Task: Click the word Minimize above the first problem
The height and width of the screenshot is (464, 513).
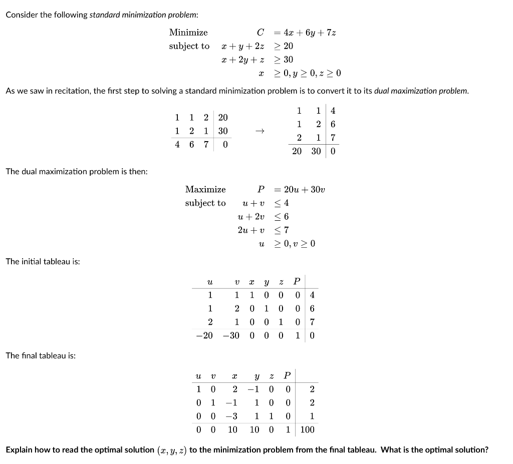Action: (x=188, y=33)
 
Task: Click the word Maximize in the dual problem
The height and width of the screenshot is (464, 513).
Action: (x=205, y=190)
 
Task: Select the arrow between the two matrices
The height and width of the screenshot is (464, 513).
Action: (x=259, y=131)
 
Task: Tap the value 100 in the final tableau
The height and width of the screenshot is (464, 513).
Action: (x=307, y=429)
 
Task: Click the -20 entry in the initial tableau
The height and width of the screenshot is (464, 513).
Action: (x=204, y=335)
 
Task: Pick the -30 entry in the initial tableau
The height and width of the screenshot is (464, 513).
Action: (x=231, y=335)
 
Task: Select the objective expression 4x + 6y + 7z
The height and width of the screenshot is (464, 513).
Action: (x=309, y=33)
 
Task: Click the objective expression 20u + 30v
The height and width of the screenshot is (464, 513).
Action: (x=305, y=190)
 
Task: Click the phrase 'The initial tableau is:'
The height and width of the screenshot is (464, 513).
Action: (x=43, y=261)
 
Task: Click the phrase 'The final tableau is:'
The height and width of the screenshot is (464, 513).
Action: (x=41, y=355)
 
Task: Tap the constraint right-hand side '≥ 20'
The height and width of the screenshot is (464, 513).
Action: (x=284, y=46)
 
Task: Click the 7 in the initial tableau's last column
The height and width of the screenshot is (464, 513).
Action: (x=312, y=322)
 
